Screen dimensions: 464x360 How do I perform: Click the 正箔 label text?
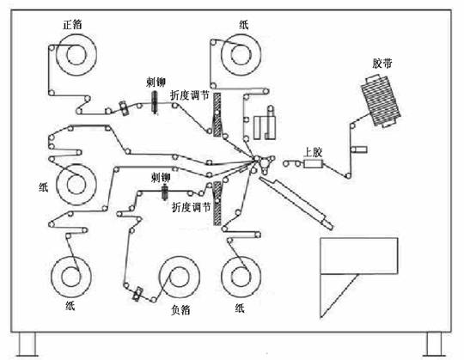coord(72,25)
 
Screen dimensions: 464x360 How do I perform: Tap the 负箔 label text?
coord(180,309)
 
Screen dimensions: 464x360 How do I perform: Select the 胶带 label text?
coord(382,64)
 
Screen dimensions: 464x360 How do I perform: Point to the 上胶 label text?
coord(313,153)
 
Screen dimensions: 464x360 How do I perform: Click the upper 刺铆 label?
coord(156,82)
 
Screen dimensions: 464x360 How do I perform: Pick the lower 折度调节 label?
coord(191,207)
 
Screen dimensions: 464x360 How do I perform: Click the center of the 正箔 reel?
coord(76,55)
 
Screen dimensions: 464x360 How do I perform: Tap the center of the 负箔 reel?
coord(179,277)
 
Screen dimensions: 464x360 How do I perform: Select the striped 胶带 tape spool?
coord(381,101)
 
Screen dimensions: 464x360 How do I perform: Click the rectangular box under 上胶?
coord(313,163)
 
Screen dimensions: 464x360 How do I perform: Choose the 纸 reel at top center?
coord(241,54)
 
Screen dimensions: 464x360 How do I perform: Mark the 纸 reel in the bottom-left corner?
coord(71,277)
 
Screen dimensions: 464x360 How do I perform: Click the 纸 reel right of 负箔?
coord(241,277)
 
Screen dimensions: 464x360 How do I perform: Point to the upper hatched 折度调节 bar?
coord(217,115)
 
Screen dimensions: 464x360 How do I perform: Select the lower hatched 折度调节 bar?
coord(217,204)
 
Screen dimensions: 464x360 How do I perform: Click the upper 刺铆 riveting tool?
coord(154,101)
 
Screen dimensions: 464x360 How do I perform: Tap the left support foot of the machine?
coord(27,344)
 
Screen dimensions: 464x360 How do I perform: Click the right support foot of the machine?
coord(434,344)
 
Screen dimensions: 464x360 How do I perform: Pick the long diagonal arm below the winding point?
coord(296,203)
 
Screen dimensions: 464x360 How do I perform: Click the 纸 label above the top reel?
coord(243,25)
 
